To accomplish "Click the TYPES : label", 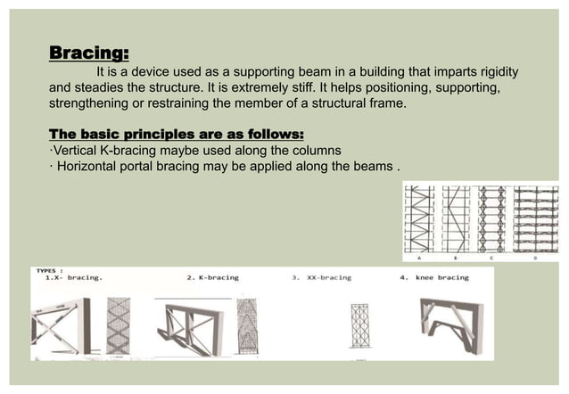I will click(49, 269).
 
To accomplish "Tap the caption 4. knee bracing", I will click(434, 277).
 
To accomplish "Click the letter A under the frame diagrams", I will click(419, 258).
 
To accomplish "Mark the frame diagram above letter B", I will click(455, 218).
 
